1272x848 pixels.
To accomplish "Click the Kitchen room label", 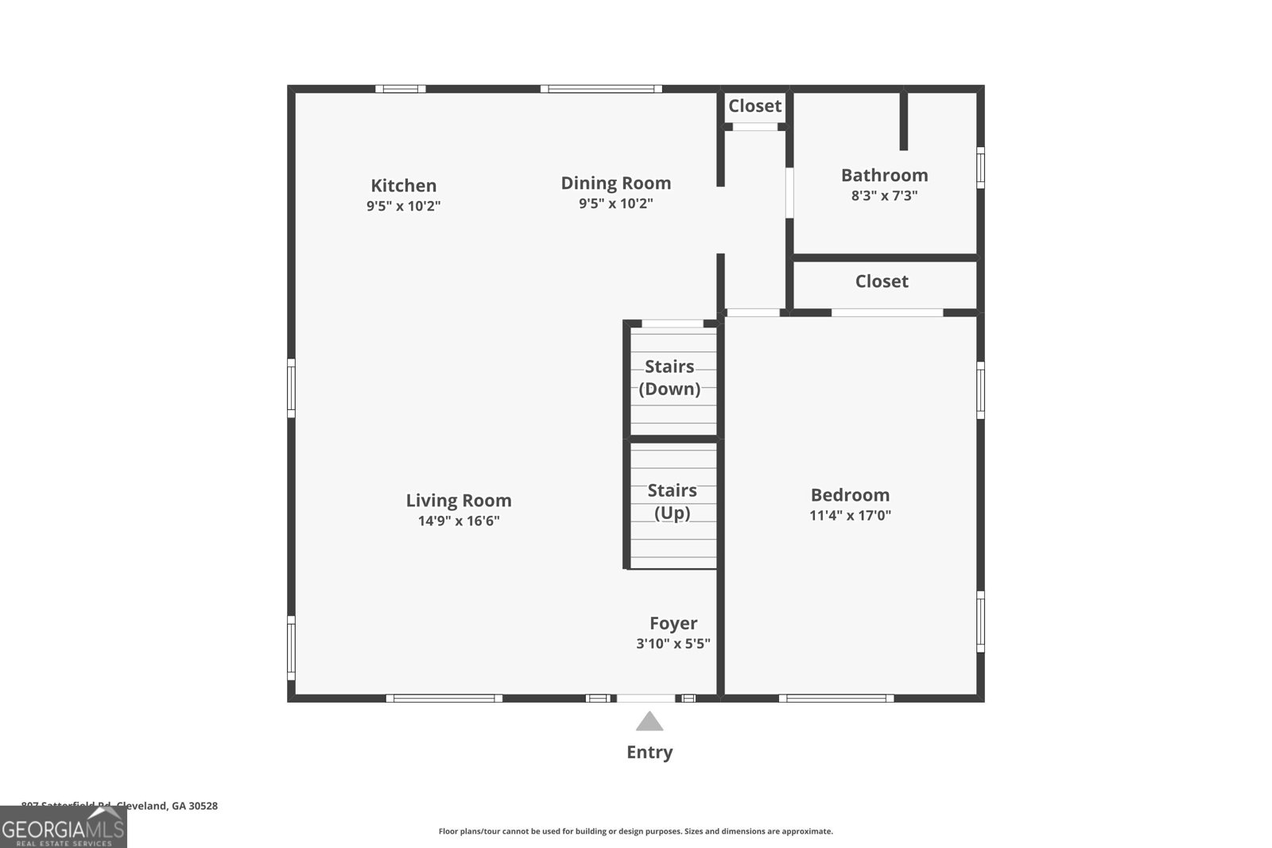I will pyautogui.click(x=403, y=185).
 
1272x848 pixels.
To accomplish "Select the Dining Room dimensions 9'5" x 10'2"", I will pyautogui.click(x=615, y=203).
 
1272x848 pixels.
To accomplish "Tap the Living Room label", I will pyautogui.click(x=459, y=500).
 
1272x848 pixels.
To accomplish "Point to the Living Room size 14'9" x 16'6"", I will pyautogui.click(x=459, y=521).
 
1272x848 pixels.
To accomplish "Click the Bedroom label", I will pyautogui.click(x=850, y=494).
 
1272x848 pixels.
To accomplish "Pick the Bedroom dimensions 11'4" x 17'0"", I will pyautogui.click(x=850, y=515).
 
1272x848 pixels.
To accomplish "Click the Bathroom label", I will pyautogui.click(x=884, y=175).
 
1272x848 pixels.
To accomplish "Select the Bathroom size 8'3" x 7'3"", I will pyautogui.click(x=884, y=196).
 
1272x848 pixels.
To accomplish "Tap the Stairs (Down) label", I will pyautogui.click(x=669, y=378).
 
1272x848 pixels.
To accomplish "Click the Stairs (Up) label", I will pyautogui.click(x=672, y=501).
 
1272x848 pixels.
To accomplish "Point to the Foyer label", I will pyautogui.click(x=673, y=623).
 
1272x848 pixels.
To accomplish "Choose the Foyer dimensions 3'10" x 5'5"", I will pyautogui.click(x=673, y=644).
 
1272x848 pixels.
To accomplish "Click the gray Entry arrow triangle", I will pyautogui.click(x=650, y=722).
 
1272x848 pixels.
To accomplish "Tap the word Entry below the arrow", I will pyautogui.click(x=650, y=752).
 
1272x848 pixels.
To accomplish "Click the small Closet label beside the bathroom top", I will pyautogui.click(x=754, y=106).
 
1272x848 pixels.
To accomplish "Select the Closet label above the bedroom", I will pyautogui.click(x=882, y=281).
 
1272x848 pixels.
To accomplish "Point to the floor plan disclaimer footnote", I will pyautogui.click(x=635, y=831).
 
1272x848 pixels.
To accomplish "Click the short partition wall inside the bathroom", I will pyautogui.click(x=903, y=121).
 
